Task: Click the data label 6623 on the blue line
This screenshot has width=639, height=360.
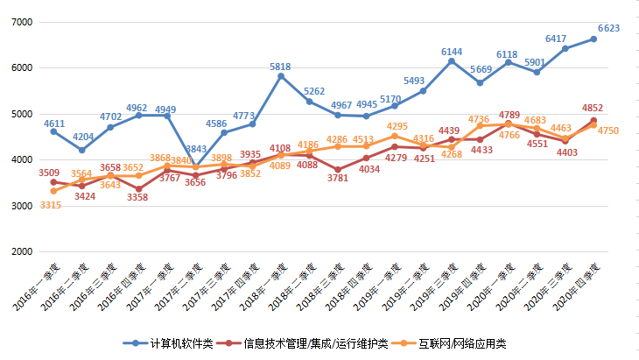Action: pyautogui.click(x=607, y=28)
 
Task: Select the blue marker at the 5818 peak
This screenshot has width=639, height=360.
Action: pyautogui.click(x=281, y=76)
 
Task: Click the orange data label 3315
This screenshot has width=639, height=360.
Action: pyautogui.click(x=51, y=204)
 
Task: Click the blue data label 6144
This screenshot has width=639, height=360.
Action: pyautogui.click(x=452, y=52)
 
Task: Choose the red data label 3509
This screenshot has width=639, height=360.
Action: pyautogui.click(x=49, y=173)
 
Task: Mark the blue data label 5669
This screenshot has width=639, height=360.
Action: pyautogui.click(x=481, y=69)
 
